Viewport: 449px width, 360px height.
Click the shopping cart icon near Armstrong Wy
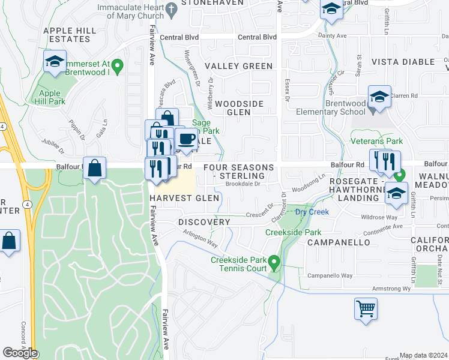[x=366, y=309]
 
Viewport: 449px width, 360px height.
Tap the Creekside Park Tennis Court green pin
[x=274, y=262]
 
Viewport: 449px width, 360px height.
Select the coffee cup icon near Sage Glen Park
[x=187, y=140]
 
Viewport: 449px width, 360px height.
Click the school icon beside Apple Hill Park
[x=55, y=61]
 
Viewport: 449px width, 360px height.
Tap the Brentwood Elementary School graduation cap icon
[x=379, y=97]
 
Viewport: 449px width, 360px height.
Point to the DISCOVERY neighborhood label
[x=204, y=222]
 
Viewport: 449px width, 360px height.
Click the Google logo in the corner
[x=20, y=353]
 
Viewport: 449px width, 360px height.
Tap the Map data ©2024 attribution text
[x=423, y=355]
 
